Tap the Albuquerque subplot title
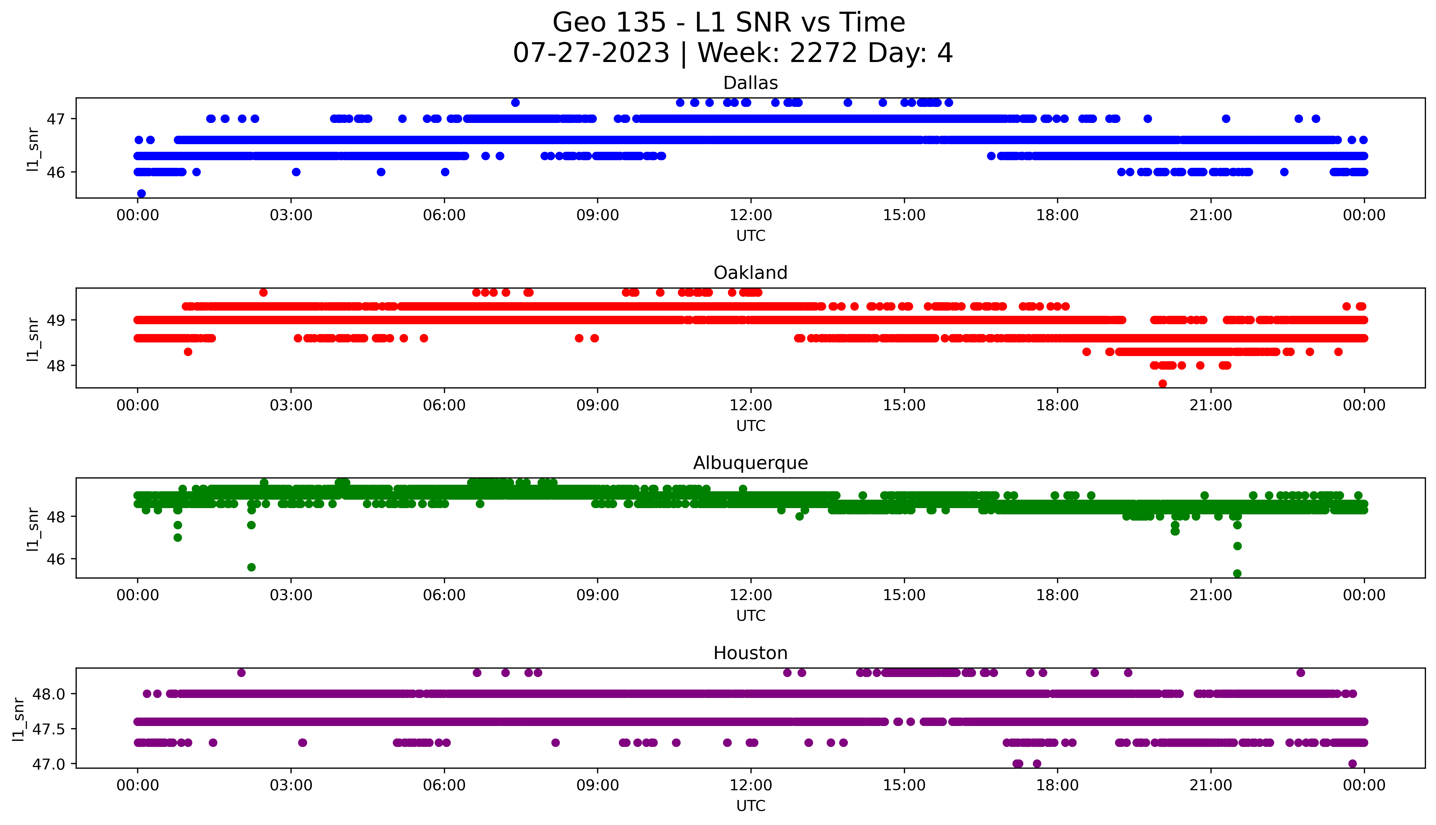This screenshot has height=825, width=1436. pyautogui.click(x=751, y=463)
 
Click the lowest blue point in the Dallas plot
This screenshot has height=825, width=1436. pyautogui.click(x=142, y=193)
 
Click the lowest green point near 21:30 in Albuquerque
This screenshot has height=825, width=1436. pyautogui.click(x=1237, y=573)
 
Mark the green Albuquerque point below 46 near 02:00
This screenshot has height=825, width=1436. pyautogui.click(x=252, y=567)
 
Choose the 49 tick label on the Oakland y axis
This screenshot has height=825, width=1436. pyautogui.click(x=56, y=320)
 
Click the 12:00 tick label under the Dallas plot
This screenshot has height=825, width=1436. pyautogui.click(x=751, y=215)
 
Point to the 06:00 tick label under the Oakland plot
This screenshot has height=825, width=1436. pyautogui.click(x=444, y=405)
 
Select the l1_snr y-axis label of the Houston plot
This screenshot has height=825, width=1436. pyautogui.click(x=19, y=718)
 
